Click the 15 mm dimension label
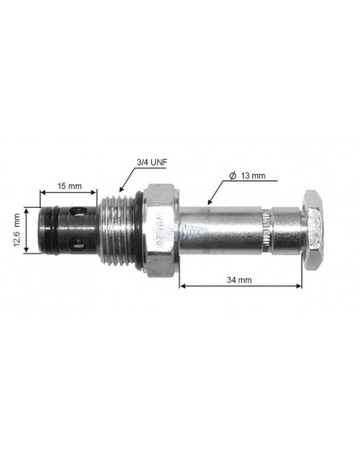pos(69,186)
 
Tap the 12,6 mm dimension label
pos(17,230)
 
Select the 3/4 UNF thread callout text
pos(152,163)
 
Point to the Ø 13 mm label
pos(248,176)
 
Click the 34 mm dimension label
pos(239,280)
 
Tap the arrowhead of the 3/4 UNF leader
pos(121,189)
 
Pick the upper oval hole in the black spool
pos(77,212)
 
